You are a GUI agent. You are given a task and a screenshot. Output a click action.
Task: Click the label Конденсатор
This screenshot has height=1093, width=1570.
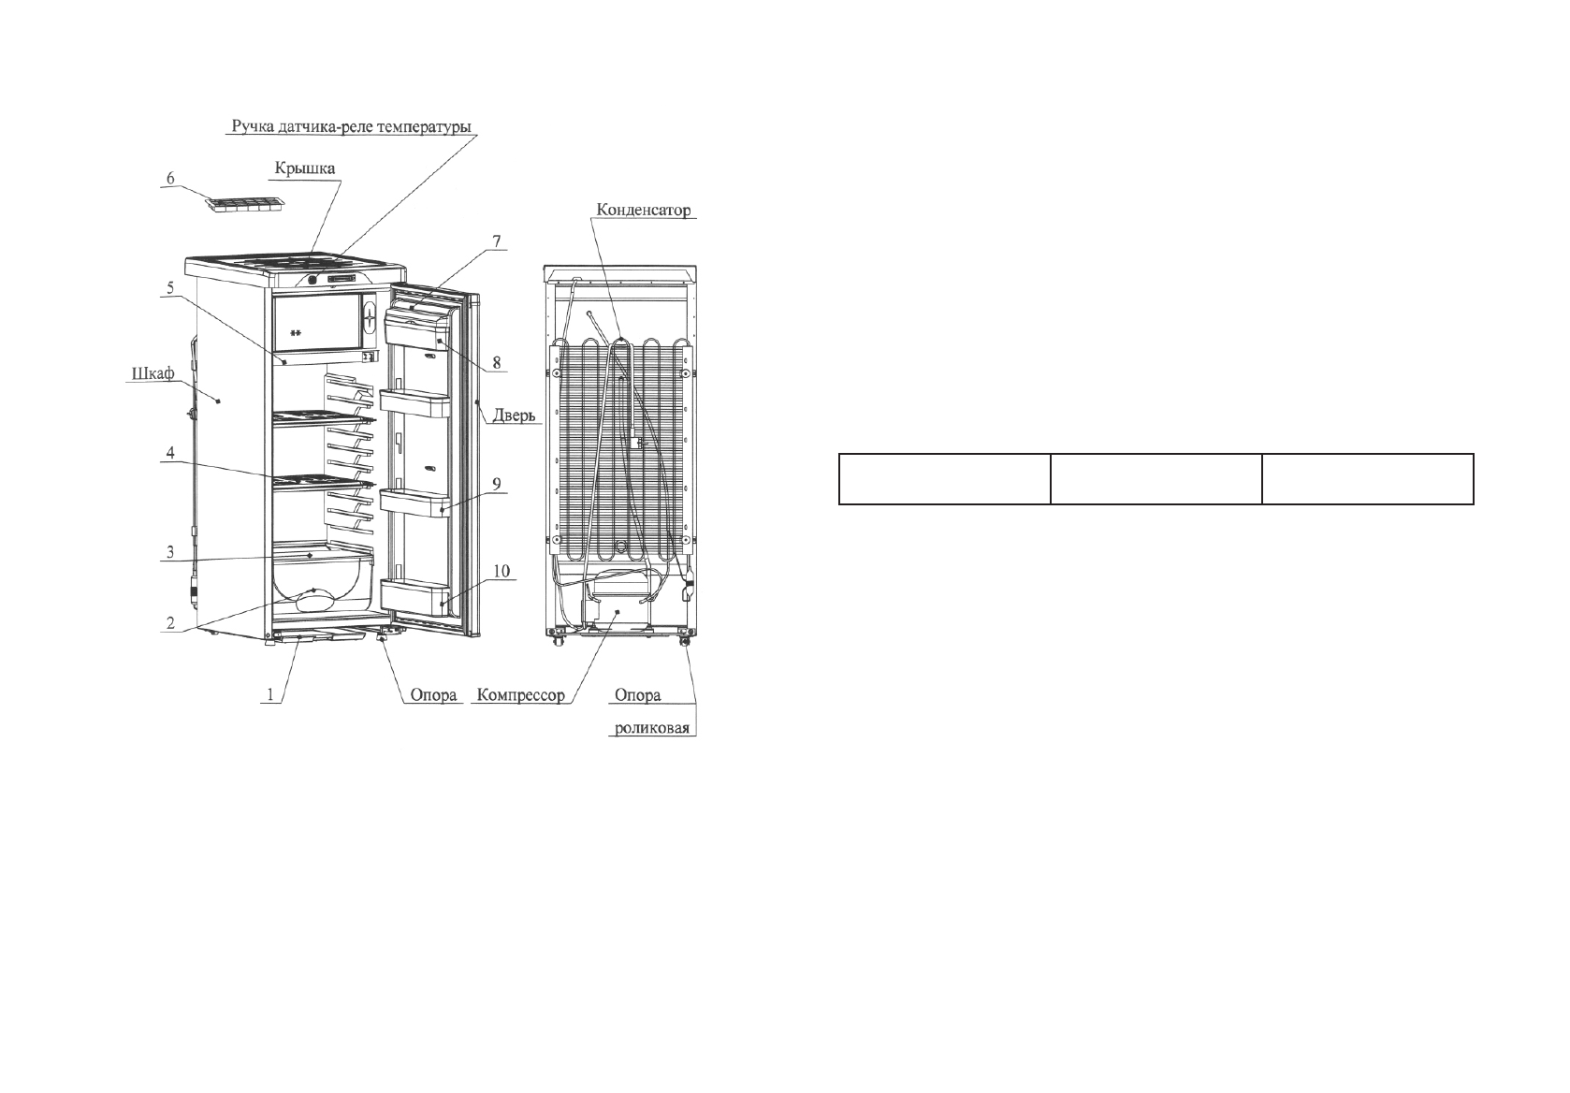(642, 211)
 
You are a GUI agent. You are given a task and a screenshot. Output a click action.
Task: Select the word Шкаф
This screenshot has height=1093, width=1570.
(151, 374)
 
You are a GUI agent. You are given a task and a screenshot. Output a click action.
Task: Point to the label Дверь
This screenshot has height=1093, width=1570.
(513, 415)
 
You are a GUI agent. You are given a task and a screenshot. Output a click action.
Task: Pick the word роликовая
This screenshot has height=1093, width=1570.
(655, 727)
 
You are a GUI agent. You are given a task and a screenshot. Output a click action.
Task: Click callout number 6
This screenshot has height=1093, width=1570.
(170, 179)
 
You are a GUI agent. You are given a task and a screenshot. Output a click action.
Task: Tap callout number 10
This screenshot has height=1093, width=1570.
(501, 571)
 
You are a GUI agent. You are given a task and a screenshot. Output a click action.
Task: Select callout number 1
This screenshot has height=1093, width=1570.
(271, 694)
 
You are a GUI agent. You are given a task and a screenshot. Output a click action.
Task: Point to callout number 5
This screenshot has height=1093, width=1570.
(170, 288)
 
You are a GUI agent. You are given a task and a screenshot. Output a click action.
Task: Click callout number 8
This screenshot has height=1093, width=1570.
(497, 360)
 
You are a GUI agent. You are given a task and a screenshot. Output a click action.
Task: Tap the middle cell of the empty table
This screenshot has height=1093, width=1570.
(1156, 479)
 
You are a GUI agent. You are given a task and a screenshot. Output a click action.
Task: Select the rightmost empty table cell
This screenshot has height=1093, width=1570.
(1368, 479)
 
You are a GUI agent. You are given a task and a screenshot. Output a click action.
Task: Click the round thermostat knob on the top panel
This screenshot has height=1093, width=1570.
(312, 279)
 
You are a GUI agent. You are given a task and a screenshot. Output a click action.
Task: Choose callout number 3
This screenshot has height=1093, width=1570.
(170, 552)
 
